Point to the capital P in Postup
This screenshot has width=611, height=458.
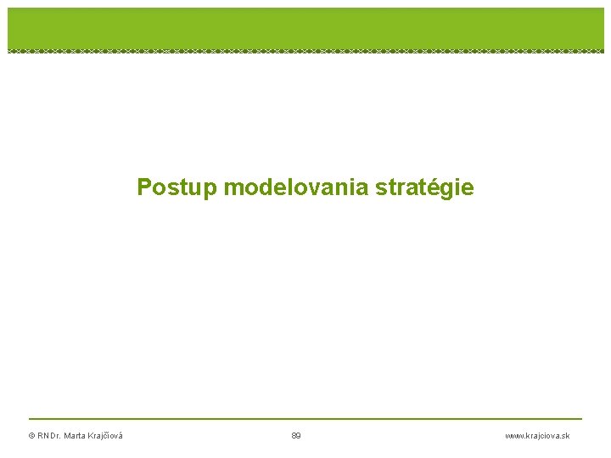(x=144, y=187)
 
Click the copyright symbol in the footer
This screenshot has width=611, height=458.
(x=31, y=436)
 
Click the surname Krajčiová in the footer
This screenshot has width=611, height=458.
(x=106, y=436)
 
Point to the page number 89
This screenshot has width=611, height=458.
(x=296, y=436)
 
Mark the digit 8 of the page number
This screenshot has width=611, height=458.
(x=294, y=436)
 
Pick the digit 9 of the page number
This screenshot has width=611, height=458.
(x=299, y=436)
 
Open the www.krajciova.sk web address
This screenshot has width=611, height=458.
(x=537, y=436)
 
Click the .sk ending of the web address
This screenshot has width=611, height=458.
(x=564, y=436)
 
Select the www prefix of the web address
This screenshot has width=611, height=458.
(x=513, y=436)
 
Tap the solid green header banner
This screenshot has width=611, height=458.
(x=305, y=27)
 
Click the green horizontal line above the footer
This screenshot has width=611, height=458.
(x=305, y=418)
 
